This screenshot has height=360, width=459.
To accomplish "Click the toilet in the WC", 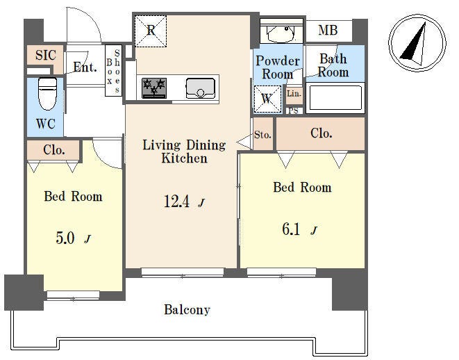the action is click(x=47, y=94).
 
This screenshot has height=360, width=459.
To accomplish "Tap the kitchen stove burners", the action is click(x=154, y=88).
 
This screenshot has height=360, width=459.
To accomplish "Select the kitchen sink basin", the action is click(x=201, y=88).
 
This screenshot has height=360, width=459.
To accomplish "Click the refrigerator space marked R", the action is click(x=151, y=31).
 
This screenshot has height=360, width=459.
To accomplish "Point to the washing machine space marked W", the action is click(x=267, y=99).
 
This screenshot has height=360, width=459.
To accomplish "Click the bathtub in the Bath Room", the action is click(x=335, y=98).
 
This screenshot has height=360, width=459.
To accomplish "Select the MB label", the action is click(x=328, y=30).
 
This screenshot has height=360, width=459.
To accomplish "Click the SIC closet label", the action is click(x=46, y=55).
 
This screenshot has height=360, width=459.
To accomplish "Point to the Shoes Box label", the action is click(x=113, y=71).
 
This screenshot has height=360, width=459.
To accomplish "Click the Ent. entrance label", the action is click(x=85, y=67).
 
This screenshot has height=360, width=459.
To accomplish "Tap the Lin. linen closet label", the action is click(x=294, y=94).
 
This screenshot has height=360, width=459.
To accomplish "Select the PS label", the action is click(x=294, y=111).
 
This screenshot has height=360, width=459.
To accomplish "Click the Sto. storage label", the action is click(x=262, y=135).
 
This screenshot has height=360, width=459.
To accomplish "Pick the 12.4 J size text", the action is click(x=184, y=202).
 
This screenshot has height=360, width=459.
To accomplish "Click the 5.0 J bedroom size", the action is click(x=73, y=238).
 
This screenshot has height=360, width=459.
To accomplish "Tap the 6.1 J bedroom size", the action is click(x=299, y=229).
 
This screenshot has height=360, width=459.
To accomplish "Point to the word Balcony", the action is click(x=187, y=310).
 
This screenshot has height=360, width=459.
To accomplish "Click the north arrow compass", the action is click(x=417, y=43).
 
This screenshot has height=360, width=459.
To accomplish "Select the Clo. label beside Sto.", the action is click(x=321, y=133).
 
